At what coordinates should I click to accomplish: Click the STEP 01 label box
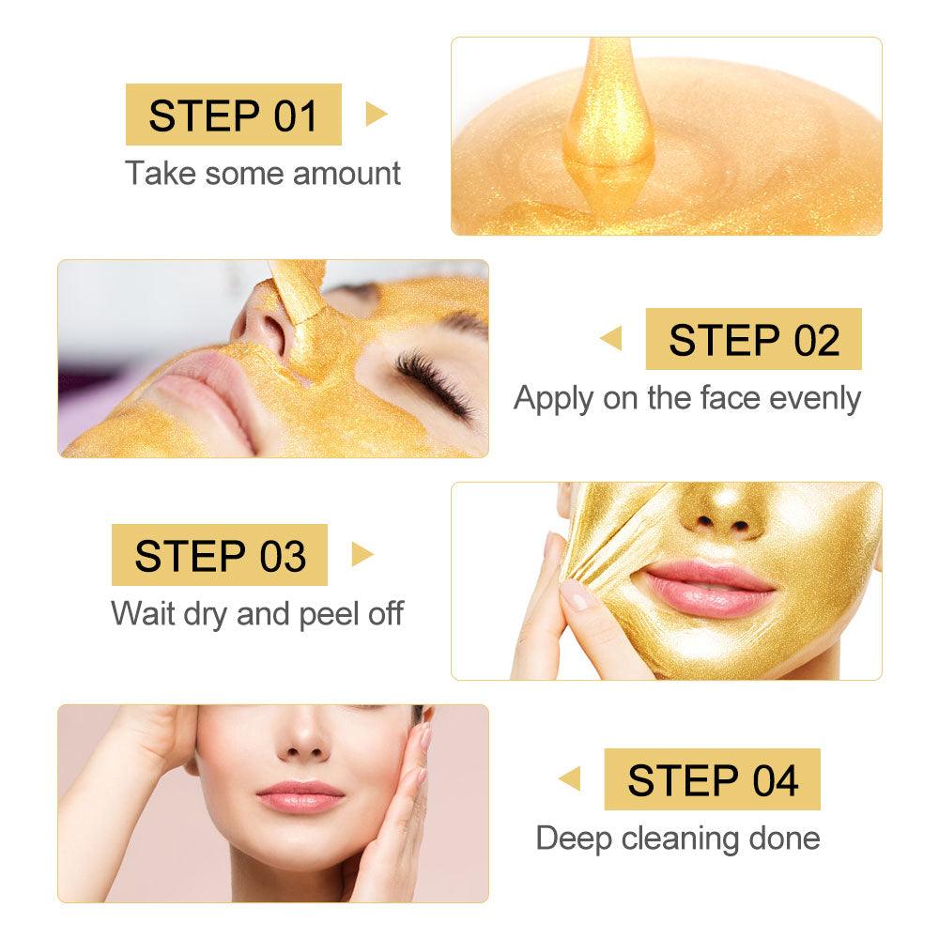234,115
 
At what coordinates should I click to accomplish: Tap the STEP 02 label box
754,339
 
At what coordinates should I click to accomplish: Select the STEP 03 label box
220,555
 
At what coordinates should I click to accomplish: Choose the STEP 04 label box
713,779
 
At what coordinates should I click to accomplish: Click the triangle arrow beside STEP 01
376,115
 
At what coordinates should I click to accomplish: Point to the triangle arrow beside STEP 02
611,339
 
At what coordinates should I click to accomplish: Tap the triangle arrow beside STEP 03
362,555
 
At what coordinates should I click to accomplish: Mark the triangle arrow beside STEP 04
569,779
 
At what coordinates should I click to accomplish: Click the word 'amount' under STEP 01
346,174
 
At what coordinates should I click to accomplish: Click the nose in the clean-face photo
301,740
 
